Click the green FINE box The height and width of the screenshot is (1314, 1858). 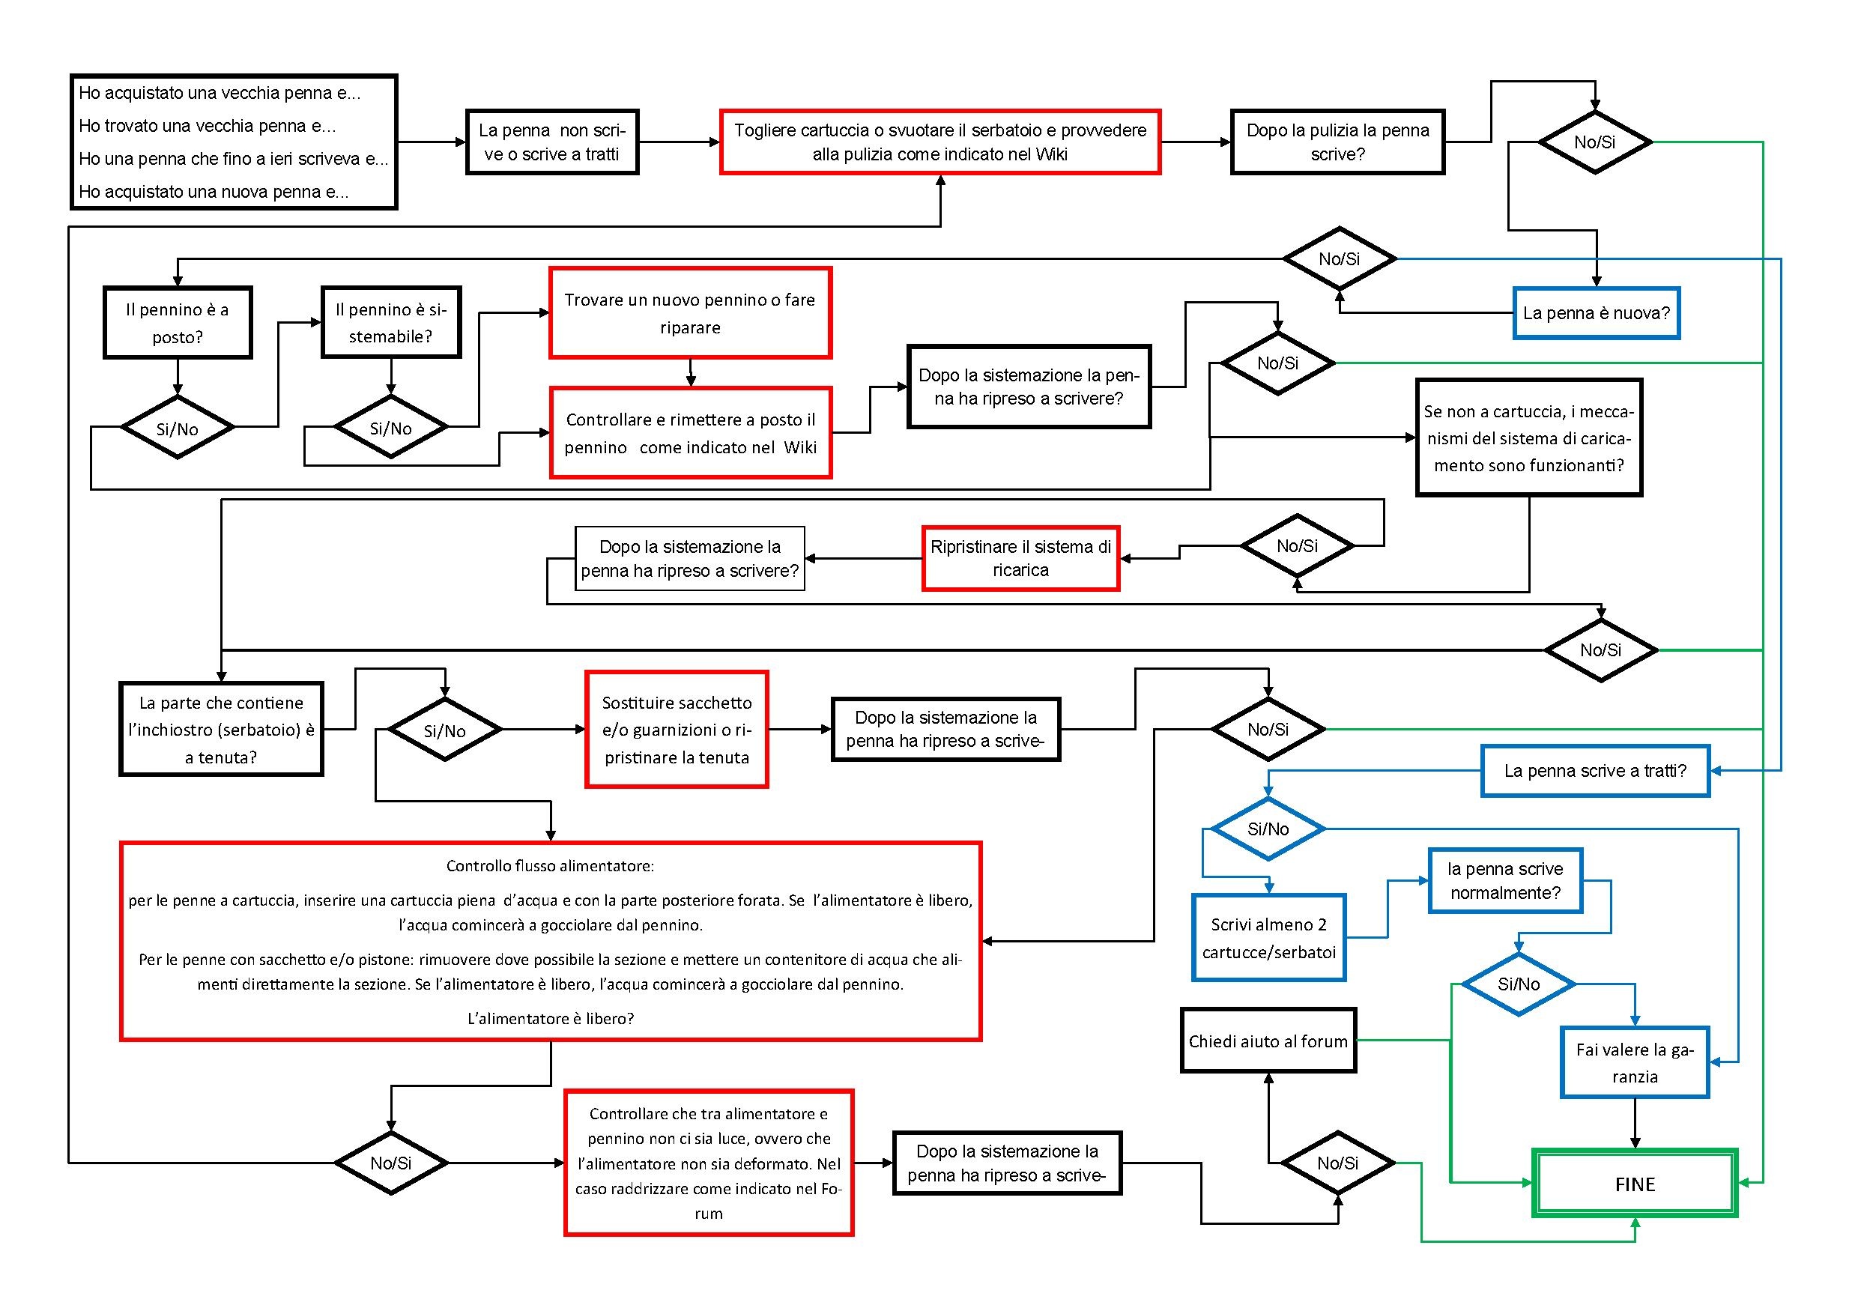pos(1635,1183)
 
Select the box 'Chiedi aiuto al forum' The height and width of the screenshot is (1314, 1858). pos(1268,1041)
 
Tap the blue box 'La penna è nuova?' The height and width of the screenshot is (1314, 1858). pos(1596,313)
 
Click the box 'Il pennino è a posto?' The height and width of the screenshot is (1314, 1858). pos(178,322)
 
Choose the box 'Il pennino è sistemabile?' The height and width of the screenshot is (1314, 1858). pos(391,322)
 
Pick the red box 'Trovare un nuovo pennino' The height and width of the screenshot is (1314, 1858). pos(690,312)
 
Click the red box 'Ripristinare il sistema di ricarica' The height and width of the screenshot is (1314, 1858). pos(1020,558)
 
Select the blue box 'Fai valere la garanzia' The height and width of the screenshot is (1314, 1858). pos(1635,1062)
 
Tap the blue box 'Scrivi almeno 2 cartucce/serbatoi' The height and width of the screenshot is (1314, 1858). pos(1268,938)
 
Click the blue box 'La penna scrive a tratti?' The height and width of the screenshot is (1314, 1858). pos(1595,770)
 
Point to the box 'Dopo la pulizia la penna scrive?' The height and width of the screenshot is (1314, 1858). pos(1337,142)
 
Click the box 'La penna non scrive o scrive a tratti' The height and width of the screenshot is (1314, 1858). pos(552,142)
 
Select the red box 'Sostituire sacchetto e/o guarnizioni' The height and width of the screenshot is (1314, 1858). pos(677,729)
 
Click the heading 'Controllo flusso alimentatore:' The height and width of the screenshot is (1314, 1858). pos(550,866)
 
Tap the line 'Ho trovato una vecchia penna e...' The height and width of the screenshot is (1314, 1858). pos(208,125)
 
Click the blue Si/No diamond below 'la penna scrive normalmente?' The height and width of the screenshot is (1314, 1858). pos(1518,984)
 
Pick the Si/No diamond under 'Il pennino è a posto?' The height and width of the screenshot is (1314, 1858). pos(178,428)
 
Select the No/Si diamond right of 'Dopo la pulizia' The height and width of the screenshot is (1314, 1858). pos(1594,142)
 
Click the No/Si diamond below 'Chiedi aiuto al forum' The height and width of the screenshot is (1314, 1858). pos(1337,1163)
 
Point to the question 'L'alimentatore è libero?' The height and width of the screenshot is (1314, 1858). pos(550,1018)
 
